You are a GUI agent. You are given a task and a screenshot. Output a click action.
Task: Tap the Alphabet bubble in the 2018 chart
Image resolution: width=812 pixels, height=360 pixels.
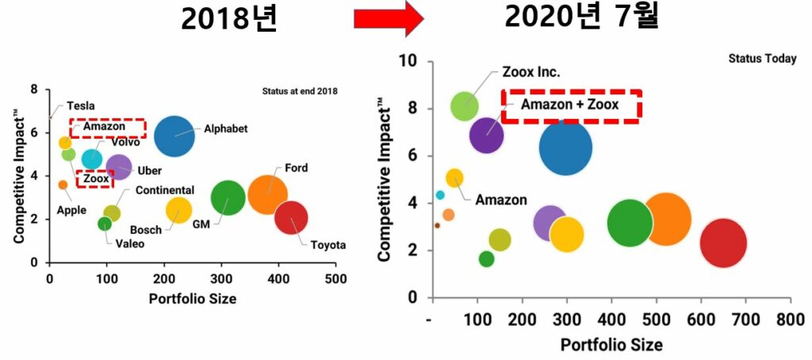coord(174,136)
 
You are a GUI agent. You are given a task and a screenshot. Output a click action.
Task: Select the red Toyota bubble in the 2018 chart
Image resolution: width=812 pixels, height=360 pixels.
coord(291,218)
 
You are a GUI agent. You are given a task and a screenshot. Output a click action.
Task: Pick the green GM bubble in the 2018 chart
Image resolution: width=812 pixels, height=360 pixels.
coord(228,198)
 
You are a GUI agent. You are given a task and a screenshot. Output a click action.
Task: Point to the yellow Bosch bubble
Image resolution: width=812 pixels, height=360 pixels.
coord(179,209)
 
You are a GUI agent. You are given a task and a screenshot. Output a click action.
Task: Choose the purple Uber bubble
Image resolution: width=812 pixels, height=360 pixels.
coord(118,167)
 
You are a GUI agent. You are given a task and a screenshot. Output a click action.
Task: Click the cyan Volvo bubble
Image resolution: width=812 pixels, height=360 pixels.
coord(92,159)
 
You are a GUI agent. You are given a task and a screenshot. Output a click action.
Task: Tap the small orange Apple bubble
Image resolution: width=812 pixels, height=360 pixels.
coord(63,185)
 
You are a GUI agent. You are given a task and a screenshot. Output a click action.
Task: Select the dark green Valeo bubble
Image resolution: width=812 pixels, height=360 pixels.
coord(105,224)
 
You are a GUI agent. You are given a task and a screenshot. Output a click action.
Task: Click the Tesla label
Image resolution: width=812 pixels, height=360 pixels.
coord(82,105)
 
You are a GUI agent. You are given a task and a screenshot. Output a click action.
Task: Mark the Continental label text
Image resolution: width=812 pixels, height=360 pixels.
coord(164,190)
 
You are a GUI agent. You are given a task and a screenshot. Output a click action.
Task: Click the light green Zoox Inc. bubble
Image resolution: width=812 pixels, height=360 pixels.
coord(465,106)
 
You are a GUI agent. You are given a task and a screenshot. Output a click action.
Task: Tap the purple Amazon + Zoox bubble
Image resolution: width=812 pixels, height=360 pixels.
coord(486,135)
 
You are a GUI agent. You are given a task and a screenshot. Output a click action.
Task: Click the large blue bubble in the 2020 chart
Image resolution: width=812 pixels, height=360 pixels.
coord(565,147)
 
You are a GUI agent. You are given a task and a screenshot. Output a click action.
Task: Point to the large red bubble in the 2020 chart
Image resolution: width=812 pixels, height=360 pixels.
coord(723,243)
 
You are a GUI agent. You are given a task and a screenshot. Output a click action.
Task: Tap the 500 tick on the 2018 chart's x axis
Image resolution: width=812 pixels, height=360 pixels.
coord(335,279)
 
